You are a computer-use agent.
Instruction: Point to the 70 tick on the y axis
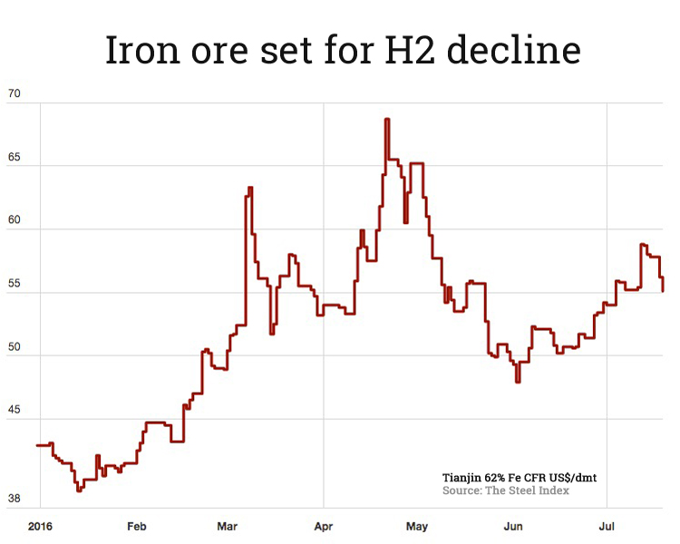click(14, 93)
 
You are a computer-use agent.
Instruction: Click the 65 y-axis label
click(14, 157)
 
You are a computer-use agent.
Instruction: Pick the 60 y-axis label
click(14, 220)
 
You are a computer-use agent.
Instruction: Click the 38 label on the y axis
click(14, 499)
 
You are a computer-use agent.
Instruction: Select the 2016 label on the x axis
click(39, 526)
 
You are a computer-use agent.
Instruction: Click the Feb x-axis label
click(137, 526)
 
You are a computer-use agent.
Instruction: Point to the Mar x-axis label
click(228, 526)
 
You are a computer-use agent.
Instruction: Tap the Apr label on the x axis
click(325, 526)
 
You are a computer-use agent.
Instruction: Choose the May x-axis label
click(417, 526)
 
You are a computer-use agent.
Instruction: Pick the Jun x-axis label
click(513, 526)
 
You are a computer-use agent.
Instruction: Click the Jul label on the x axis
click(607, 526)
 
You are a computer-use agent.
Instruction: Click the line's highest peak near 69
click(387, 119)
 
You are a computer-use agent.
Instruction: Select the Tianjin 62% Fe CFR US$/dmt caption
click(519, 477)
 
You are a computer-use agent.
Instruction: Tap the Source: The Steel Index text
click(506, 491)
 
